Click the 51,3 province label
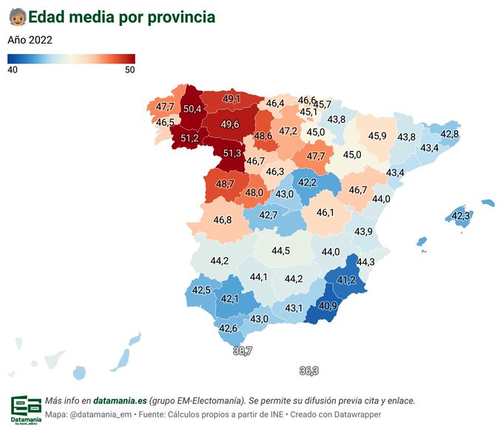[x=232, y=153]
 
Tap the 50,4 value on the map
[x=192, y=109]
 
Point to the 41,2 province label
[x=346, y=280]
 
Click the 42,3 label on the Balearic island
[x=461, y=216]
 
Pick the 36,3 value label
[x=309, y=370]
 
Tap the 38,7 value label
[x=243, y=350]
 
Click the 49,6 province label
[x=229, y=124]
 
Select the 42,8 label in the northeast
[x=450, y=134]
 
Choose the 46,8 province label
[x=223, y=219]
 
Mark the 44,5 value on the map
[x=280, y=250]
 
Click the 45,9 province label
[x=377, y=136]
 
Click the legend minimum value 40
[x=13, y=69]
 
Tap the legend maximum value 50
[x=129, y=69]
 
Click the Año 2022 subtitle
[x=30, y=40]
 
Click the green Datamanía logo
[x=26, y=406]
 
